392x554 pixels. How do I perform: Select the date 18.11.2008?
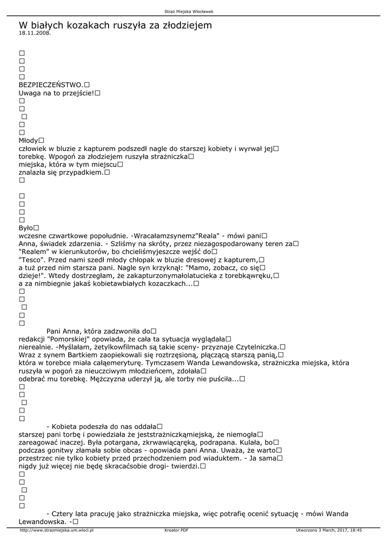click(x=35, y=33)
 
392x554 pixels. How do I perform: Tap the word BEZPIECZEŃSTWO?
click(x=51, y=85)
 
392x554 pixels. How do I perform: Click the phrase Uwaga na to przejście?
click(x=56, y=93)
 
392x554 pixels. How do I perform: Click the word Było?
click(x=26, y=228)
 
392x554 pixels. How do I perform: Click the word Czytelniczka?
click(x=255, y=347)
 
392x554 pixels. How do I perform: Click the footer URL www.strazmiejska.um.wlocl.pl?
click(x=57, y=531)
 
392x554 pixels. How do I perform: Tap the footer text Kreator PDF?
click(x=176, y=531)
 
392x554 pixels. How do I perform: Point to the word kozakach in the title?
click(x=87, y=25)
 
